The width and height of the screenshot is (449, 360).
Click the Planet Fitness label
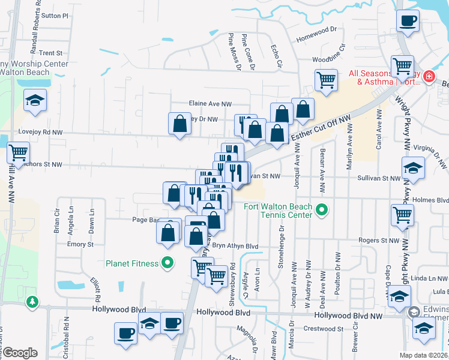(132, 263)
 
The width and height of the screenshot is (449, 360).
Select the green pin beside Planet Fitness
(168, 263)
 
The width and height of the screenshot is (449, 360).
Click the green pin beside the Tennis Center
(322, 211)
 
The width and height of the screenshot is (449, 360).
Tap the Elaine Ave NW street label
(210, 104)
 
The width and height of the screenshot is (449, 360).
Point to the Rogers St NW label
(378, 241)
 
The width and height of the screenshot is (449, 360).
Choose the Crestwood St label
(323, 328)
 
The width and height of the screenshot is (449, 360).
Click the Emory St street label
(80, 245)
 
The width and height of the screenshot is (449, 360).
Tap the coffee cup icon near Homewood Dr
(408, 22)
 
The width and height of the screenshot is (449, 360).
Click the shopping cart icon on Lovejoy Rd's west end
(18, 152)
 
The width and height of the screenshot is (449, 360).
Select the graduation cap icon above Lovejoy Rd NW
(35, 100)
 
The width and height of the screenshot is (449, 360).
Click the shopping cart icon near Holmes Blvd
(402, 215)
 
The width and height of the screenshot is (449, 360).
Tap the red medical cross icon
(429, 76)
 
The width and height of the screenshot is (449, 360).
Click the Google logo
(20, 352)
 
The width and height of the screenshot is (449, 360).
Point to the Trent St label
(50, 53)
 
